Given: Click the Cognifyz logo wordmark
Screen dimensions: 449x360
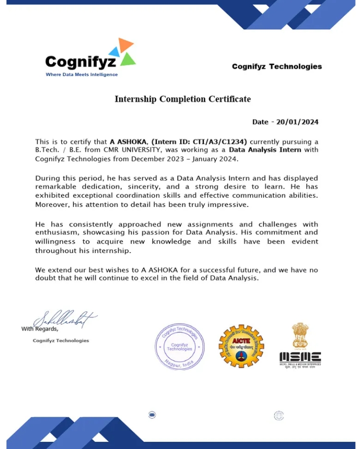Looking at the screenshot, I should click(81, 62).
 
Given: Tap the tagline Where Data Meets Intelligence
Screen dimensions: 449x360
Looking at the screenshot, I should click(82, 74).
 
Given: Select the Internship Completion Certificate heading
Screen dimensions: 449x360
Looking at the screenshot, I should click(182, 99).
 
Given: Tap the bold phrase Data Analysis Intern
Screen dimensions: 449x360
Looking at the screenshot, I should click(265, 150).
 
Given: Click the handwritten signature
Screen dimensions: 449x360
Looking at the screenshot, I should click(64, 319).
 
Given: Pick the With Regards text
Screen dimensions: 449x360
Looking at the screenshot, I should click(40, 329).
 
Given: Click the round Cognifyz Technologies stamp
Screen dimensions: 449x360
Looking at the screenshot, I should click(180, 346).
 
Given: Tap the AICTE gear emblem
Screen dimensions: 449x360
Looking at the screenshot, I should click(241, 346).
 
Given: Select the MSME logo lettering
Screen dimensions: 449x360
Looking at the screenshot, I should click(300, 357).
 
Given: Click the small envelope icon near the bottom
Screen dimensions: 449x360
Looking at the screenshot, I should click(152, 415).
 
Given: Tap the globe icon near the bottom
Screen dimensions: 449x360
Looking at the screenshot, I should click(279, 415).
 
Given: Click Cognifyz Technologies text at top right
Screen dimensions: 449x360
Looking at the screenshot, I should click(277, 66).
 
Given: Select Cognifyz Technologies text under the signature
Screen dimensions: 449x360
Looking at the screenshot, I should click(61, 340).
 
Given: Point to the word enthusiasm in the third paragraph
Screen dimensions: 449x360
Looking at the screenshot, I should click(54, 232).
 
